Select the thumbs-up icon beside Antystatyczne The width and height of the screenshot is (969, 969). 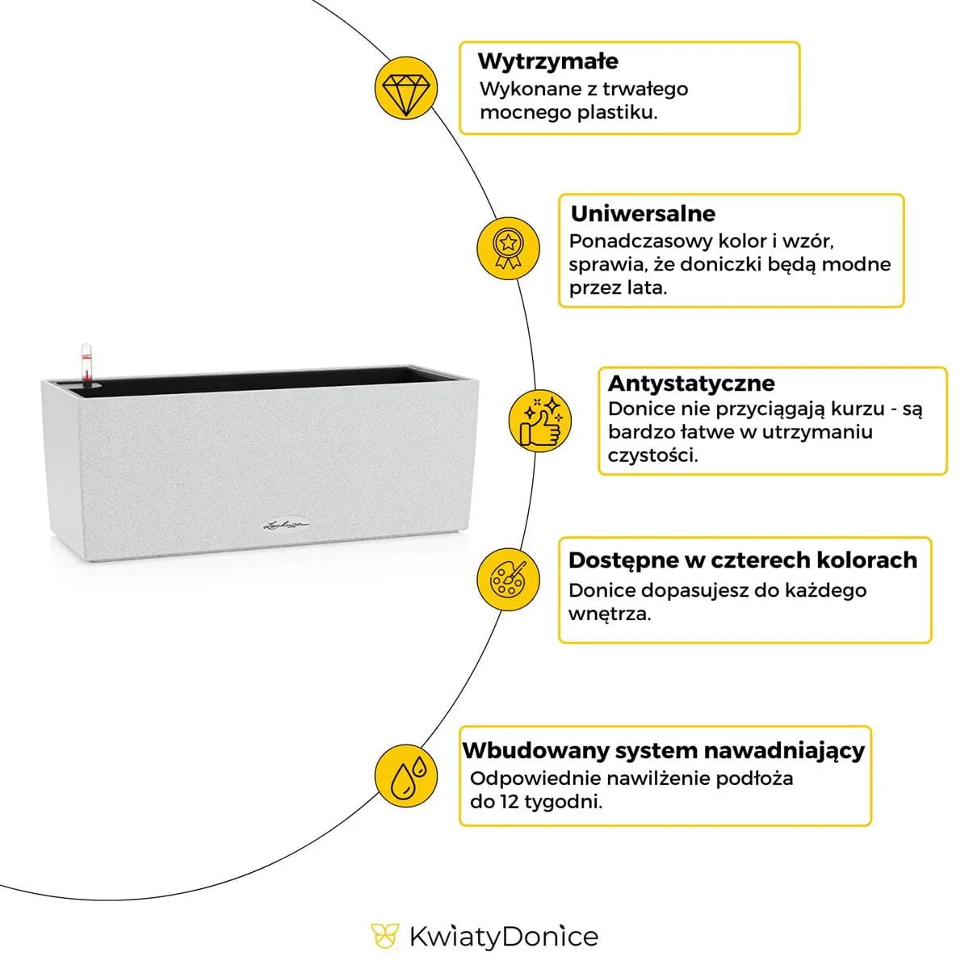coord(539,420)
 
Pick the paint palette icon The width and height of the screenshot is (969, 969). coord(507,579)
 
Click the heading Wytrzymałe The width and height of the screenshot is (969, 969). coord(547,61)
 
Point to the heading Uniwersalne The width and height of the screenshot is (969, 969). coord(643,214)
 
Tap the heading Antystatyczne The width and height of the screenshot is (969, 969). coord(690,383)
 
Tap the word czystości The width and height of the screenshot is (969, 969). coord(652,455)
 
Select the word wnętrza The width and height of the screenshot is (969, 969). coord(609,614)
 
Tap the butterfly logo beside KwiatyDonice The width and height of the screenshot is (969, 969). coord(384,937)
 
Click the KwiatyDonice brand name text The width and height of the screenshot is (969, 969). coord(503,937)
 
